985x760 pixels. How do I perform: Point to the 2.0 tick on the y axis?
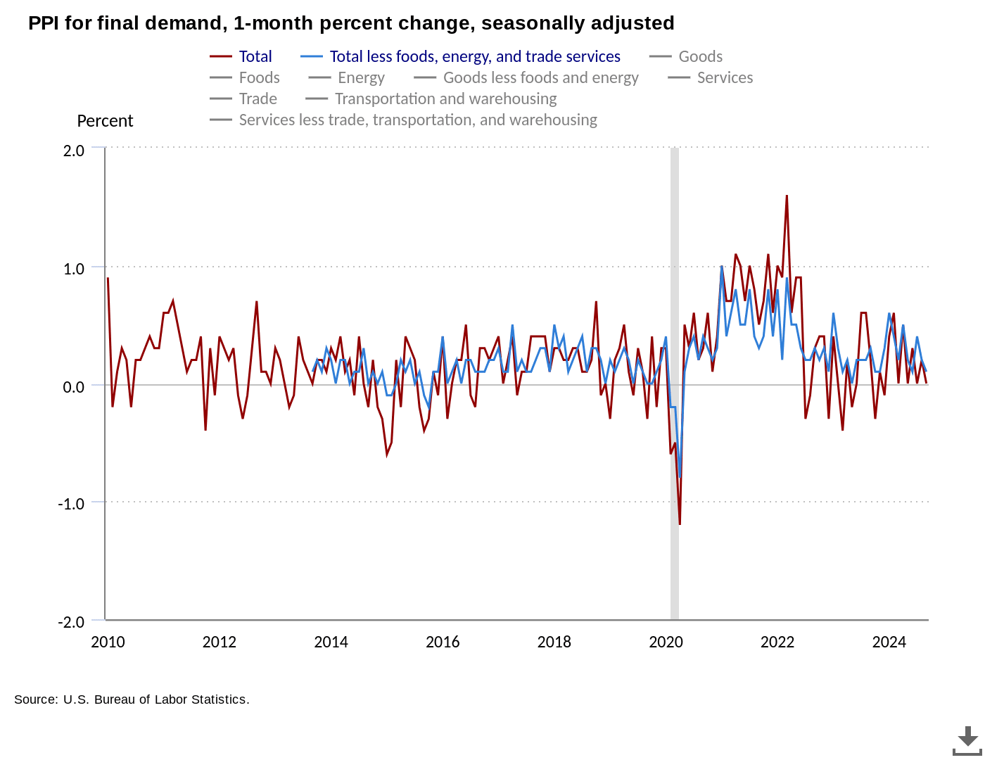pyautogui.click(x=74, y=151)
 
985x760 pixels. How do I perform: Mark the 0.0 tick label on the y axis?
pyautogui.click(x=74, y=387)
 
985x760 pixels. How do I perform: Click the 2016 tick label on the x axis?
pyautogui.click(x=443, y=642)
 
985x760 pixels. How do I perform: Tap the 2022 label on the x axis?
pyautogui.click(x=777, y=642)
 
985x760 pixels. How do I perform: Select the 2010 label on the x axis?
pyautogui.click(x=108, y=642)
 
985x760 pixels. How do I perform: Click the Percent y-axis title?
pyautogui.click(x=105, y=121)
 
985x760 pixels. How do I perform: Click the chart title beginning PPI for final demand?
pyautogui.click(x=351, y=23)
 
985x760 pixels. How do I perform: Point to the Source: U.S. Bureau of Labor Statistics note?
pyautogui.click(x=132, y=699)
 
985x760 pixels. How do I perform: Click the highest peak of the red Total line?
pyautogui.click(x=787, y=196)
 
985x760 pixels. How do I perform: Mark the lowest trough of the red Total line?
pyautogui.click(x=680, y=524)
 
